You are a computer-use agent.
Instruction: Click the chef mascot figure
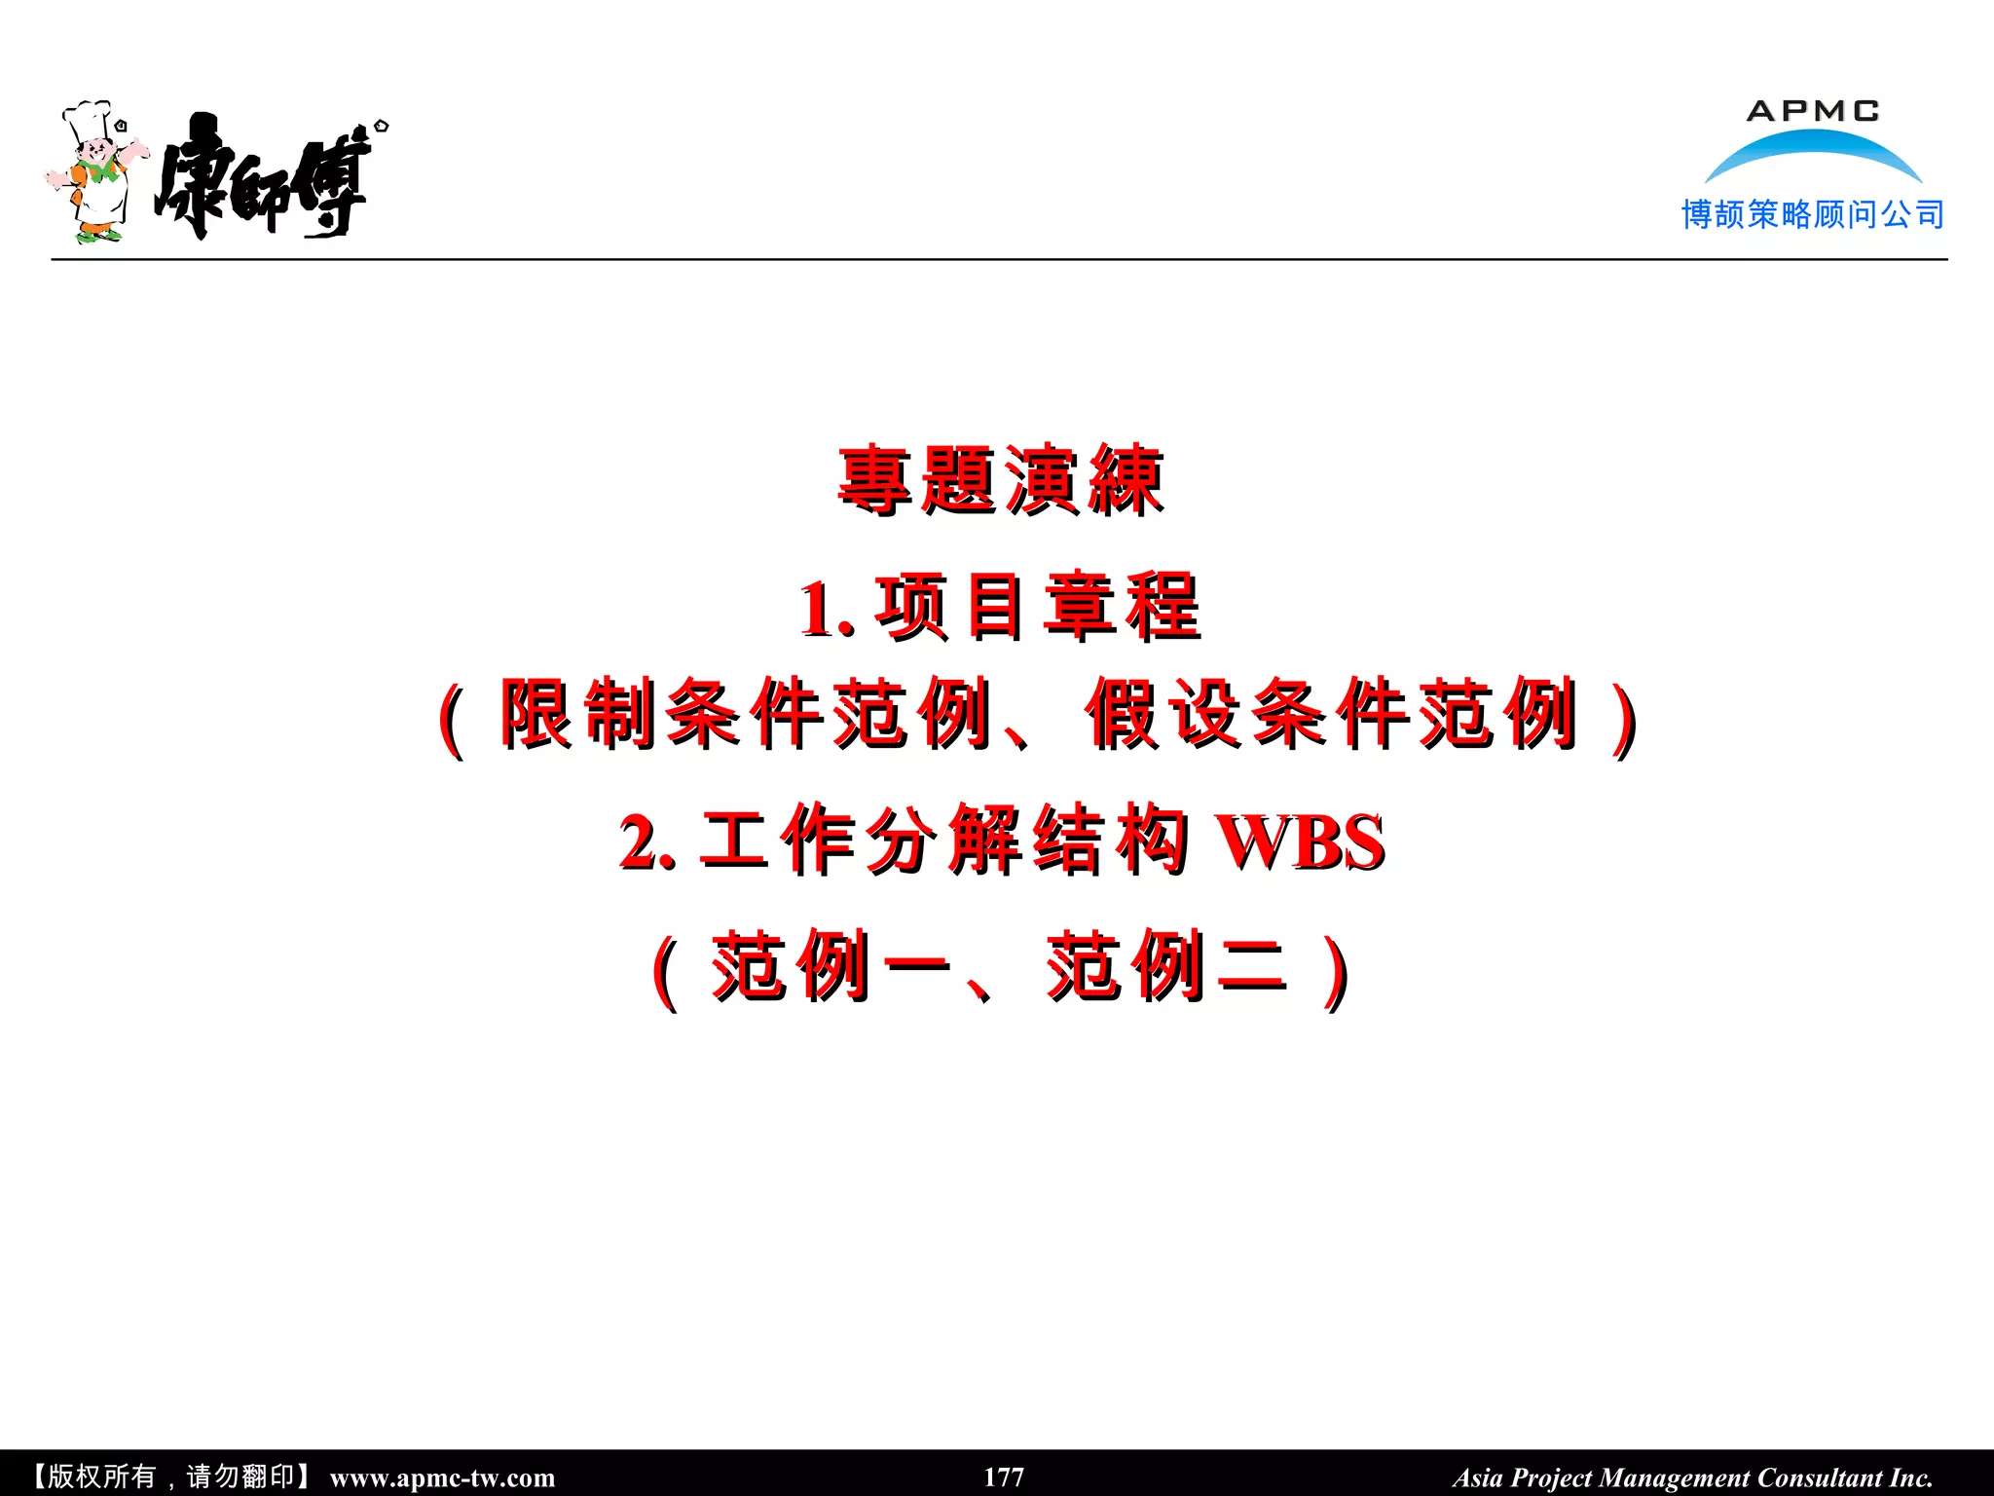tap(95, 175)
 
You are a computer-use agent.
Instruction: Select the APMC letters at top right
tap(1813, 111)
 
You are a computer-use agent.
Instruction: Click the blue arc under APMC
tap(1813, 153)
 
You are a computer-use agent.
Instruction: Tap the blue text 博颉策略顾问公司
tap(1813, 214)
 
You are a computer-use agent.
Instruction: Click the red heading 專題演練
tap(1001, 479)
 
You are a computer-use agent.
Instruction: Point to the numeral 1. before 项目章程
tap(826, 610)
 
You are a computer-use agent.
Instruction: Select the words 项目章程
tap(1038, 606)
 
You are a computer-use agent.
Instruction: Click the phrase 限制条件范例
tap(746, 714)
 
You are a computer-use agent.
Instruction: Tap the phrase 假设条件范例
tap(1332, 714)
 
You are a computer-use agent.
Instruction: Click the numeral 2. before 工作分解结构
tap(646, 842)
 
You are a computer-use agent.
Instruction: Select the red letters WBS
tap(1303, 842)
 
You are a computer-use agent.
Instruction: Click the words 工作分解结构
tap(944, 840)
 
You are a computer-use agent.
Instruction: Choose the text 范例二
tap(1166, 966)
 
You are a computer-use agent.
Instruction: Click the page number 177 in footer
tap(1004, 1477)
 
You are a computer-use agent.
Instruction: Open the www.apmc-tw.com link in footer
tap(442, 1477)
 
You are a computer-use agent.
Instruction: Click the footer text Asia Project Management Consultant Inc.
tap(1692, 1477)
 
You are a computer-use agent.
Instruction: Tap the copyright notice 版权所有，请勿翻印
tap(170, 1477)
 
